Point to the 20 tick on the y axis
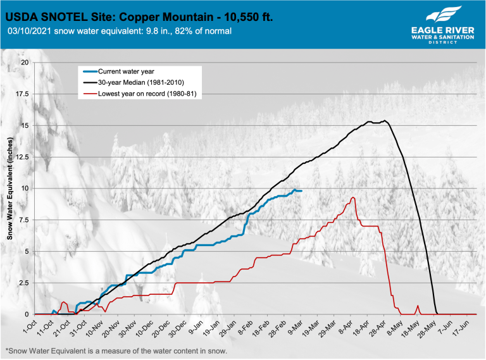pyautogui.click(x=26, y=63)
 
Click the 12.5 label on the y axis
pyautogui.click(x=23, y=157)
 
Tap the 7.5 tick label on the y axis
pyautogui.click(x=25, y=220)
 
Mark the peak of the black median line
pyautogui.click(x=385, y=120)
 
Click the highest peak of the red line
pyautogui.click(x=352, y=197)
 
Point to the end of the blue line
pyautogui.click(x=301, y=191)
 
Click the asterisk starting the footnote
pyautogui.click(x=7, y=350)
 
